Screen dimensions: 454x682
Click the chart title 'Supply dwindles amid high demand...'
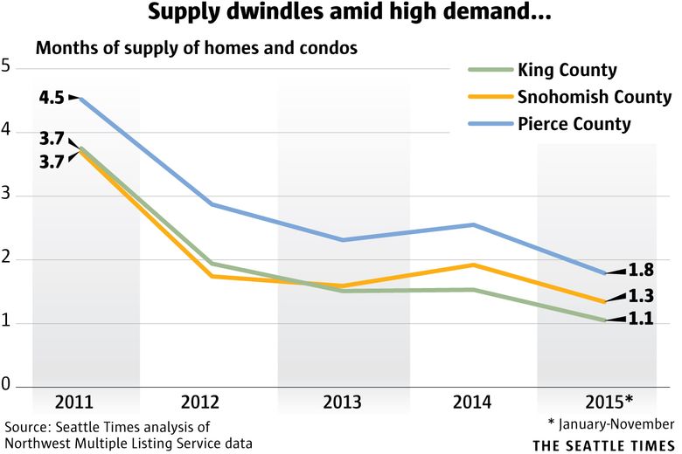pyautogui.click(x=341, y=13)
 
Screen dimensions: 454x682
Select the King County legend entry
pyautogui.click(x=567, y=70)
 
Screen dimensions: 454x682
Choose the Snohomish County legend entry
pyautogui.click(x=594, y=97)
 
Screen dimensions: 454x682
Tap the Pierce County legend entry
pyautogui.click(x=574, y=124)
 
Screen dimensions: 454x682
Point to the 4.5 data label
pyautogui.click(x=50, y=98)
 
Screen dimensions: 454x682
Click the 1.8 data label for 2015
pyautogui.click(x=642, y=270)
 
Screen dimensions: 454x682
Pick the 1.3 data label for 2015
pyautogui.click(x=642, y=295)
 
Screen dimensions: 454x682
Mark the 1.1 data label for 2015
pyautogui.click(x=642, y=320)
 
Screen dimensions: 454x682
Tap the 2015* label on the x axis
pyautogui.click(x=609, y=402)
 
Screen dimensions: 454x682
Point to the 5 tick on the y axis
pyautogui.click(x=6, y=66)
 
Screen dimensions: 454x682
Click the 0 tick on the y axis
pyautogui.click(x=6, y=386)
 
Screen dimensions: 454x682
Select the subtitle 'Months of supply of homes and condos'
pyautogui.click(x=197, y=48)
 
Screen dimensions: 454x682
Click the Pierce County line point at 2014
pyautogui.click(x=473, y=224)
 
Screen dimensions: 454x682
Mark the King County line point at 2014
pyautogui.click(x=473, y=290)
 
